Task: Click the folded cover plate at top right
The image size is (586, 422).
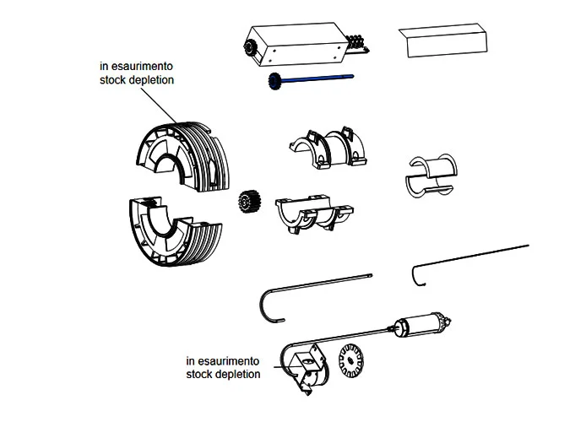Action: [446, 41]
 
